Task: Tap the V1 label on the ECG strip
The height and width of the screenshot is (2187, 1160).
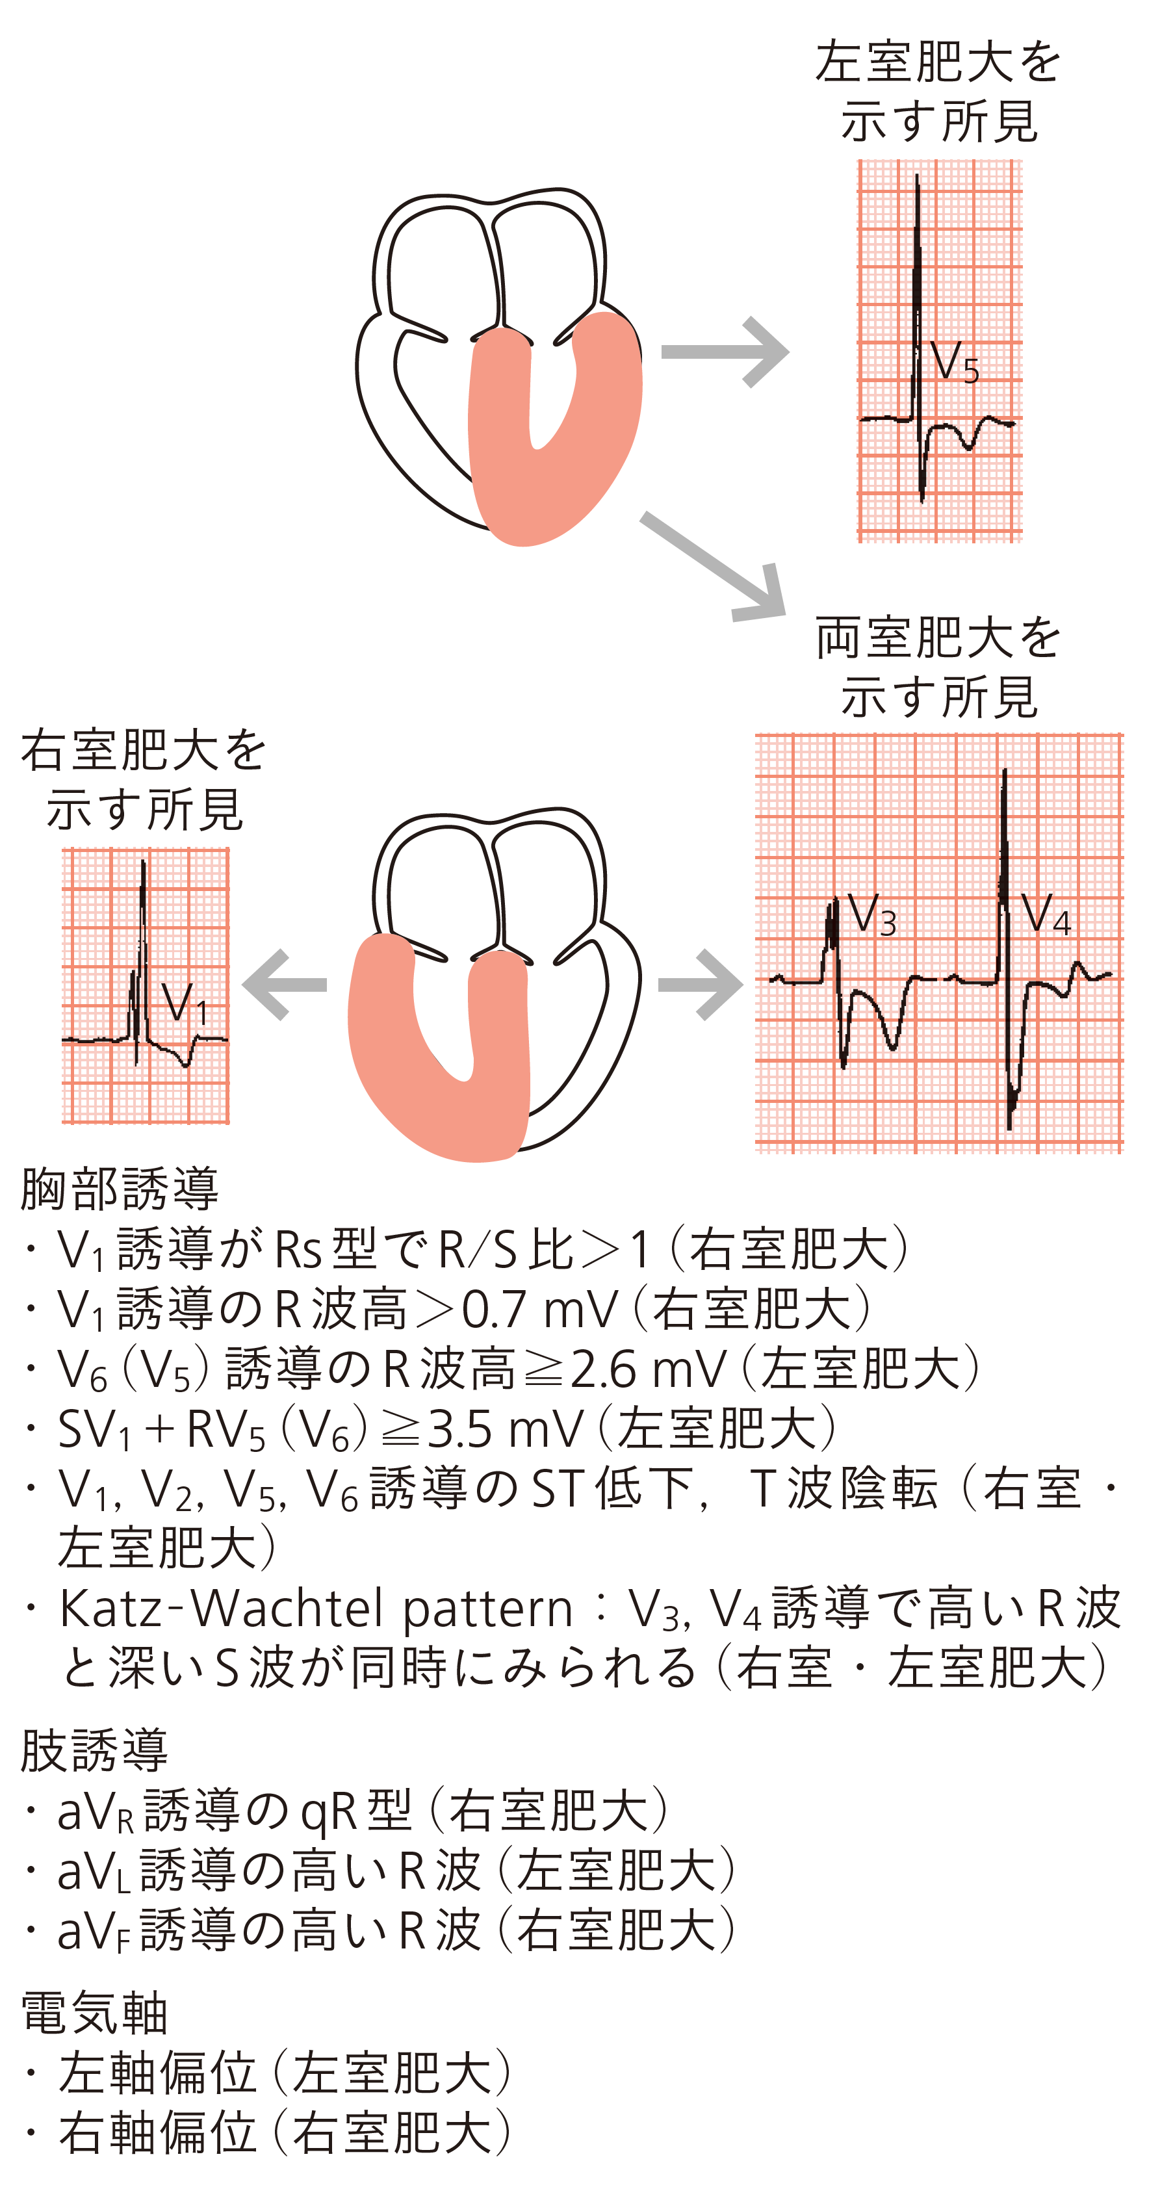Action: click(x=185, y=1004)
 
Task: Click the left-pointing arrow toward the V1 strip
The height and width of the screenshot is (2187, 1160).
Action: click(x=285, y=984)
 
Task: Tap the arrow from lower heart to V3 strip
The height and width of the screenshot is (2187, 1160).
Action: click(x=700, y=984)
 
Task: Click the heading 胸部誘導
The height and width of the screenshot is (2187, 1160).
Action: click(x=119, y=1189)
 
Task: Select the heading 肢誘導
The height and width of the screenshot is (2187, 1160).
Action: click(x=94, y=1751)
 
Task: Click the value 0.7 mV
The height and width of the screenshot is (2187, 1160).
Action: click(x=539, y=1309)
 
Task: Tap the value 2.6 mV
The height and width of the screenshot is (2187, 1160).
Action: click(x=648, y=1369)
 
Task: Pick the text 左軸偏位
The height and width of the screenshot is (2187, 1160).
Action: click(x=158, y=2073)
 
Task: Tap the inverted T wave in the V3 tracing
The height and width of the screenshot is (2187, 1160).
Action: click(x=892, y=1044)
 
